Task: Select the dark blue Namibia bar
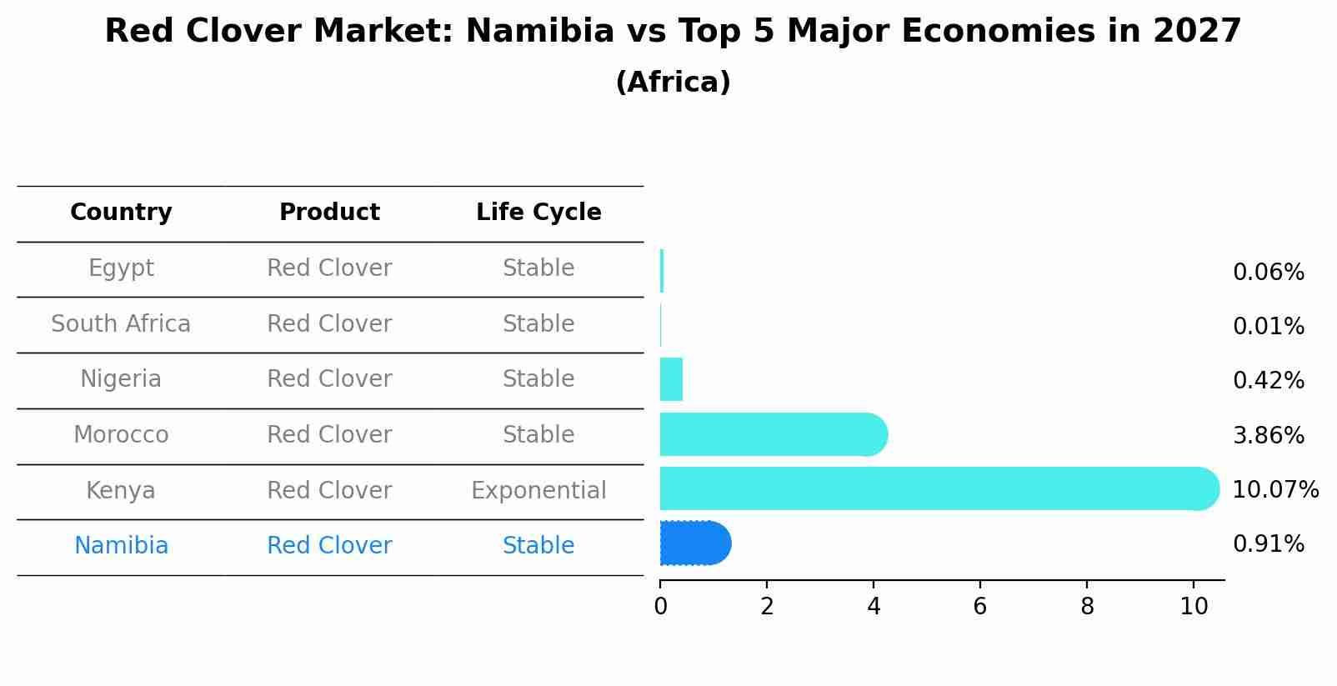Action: click(x=694, y=543)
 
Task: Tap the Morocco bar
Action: click(x=771, y=434)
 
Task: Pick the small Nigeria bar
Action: click(x=671, y=379)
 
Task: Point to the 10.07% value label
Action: click(x=1274, y=490)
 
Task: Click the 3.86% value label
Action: click(x=1268, y=435)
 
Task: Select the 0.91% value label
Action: click(x=1268, y=544)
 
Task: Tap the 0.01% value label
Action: click(x=1268, y=327)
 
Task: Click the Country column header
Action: click(x=121, y=213)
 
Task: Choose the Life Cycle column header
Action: click(x=538, y=213)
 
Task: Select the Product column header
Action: click(x=329, y=213)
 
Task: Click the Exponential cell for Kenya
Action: click(x=538, y=491)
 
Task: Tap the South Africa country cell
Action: click(x=121, y=324)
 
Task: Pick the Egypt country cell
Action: click(x=121, y=268)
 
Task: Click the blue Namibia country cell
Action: click(x=121, y=546)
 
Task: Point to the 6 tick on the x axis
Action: click(x=980, y=607)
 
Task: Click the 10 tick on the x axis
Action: click(x=1194, y=607)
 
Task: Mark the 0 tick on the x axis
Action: click(x=660, y=607)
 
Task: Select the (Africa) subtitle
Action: click(x=673, y=83)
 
